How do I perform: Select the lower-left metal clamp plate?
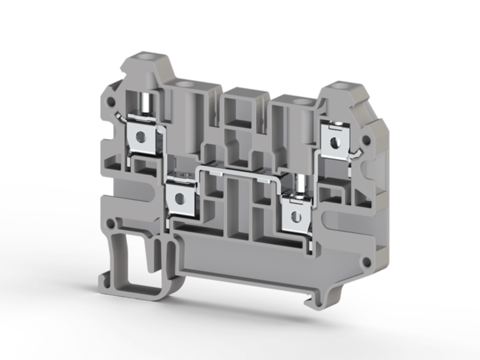[180, 198]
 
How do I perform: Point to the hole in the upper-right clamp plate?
[335, 143]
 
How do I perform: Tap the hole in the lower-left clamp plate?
[180, 199]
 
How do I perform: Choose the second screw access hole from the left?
[183, 84]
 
